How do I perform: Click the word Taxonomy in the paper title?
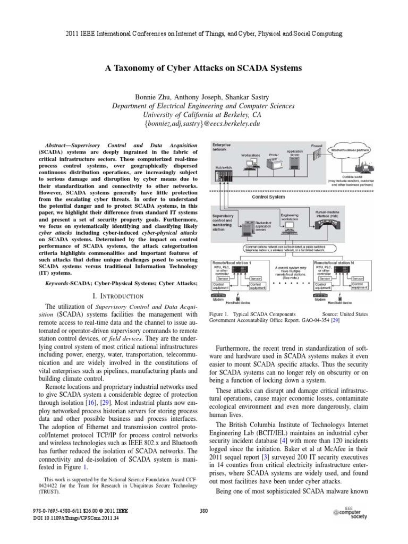tap(132, 68)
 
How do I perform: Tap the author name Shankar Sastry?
tap(251, 97)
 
